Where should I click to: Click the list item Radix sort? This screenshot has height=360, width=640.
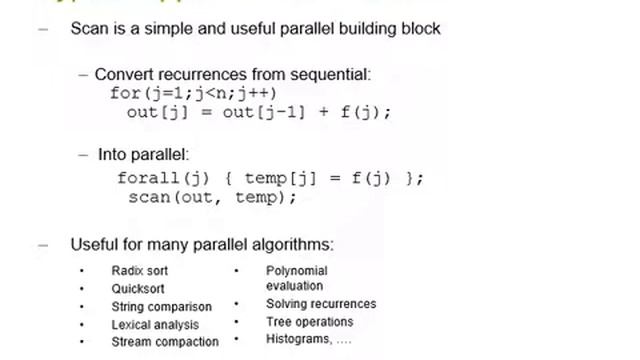pyautogui.click(x=139, y=271)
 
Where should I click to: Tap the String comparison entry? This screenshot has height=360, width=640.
pyautogui.click(x=161, y=307)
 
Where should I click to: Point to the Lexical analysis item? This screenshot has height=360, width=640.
pyautogui.click(x=155, y=325)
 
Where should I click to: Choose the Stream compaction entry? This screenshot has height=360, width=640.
pyautogui.click(x=165, y=342)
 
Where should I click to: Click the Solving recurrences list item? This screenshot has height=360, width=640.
pyautogui.click(x=321, y=304)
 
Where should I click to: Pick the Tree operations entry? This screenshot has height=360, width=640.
pyautogui.click(x=309, y=322)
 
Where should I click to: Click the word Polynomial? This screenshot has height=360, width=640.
pyautogui.click(x=296, y=271)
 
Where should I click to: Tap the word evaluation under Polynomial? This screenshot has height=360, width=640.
pyautogui.click(x=295, y=286)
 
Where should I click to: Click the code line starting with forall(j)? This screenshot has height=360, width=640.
pyautogui.click(x=270, y=179)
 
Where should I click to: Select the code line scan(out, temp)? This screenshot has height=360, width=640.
pyautogui.click(x=212, y=198)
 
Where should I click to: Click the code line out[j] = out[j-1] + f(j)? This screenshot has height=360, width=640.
pyautogui.click(x=258, y=112)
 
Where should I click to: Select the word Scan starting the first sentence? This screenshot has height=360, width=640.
pyautogui.click(x=88, y=28)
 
